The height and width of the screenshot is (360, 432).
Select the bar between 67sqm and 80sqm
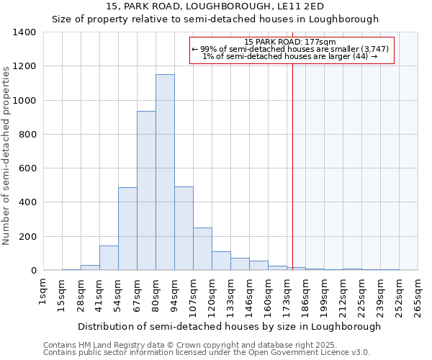click(x=146, y=191)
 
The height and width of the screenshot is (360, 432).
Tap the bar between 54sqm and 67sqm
click(x=127, y=229)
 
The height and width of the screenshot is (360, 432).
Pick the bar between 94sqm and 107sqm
click(x=184, y=229)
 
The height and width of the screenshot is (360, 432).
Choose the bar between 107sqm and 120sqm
click(x=202, y=249)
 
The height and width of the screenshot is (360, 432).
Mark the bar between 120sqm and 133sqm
click(x=221, y=261)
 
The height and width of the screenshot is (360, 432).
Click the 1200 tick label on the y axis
click(x=24, y=66)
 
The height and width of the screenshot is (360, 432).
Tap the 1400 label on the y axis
click(x=24, y=32)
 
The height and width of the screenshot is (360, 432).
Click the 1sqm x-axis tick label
click(x=43, y=293)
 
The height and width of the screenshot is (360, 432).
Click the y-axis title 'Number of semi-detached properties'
click(x=6, y=156)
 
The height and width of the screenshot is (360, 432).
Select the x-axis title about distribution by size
click(x=229, y=326)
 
